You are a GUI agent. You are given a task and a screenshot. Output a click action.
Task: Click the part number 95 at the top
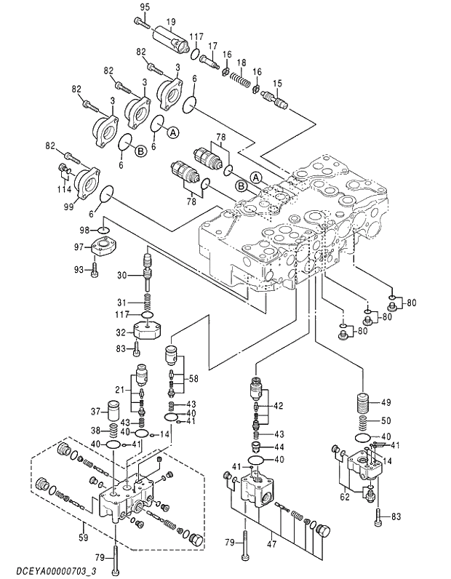144,7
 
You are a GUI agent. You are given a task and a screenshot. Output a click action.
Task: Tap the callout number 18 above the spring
241,62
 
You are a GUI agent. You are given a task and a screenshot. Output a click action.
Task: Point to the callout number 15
277,84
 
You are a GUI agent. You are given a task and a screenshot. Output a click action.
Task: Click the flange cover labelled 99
87,183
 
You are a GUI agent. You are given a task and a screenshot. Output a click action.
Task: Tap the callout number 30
122,274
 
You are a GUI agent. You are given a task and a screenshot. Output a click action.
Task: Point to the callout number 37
95,412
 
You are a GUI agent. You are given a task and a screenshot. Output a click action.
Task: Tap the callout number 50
386,420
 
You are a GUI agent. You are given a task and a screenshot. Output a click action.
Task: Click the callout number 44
278,447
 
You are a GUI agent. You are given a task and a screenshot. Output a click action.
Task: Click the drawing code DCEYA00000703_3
49,570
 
